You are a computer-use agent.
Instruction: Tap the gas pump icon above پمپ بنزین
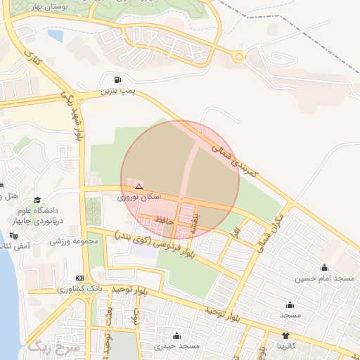tap(117, 79)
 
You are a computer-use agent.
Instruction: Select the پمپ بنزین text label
tap(117, 91)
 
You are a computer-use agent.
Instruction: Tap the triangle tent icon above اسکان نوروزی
tap(139, 186)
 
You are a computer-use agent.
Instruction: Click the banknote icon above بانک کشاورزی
tap(79, 278)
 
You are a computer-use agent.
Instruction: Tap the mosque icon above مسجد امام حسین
tap(324, 267)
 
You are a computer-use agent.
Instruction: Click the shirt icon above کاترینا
tap(285, 335)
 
